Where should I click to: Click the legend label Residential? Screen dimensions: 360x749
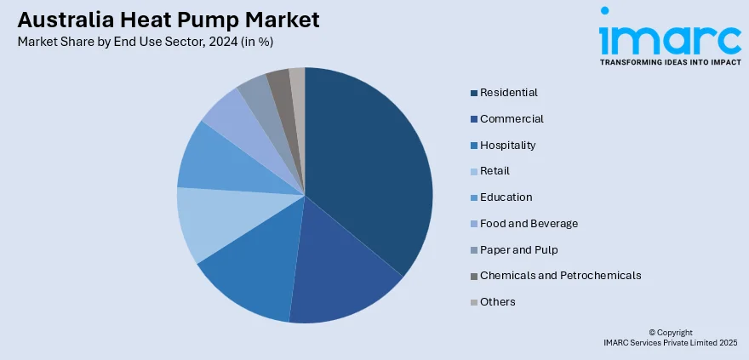pos(508,93)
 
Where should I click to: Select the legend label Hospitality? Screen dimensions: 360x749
pos(507,146)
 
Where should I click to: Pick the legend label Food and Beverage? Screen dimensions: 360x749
pos(529,224)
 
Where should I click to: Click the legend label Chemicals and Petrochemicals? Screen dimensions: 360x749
pos(560,276)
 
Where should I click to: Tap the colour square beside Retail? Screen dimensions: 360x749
pos(473,172)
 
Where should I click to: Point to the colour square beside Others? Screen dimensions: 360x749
pos(473,302)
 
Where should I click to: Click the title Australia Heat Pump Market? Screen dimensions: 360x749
pos(167,20)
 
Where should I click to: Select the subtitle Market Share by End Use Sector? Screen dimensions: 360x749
pos(145,41)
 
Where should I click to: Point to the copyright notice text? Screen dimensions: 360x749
pos(670,337)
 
